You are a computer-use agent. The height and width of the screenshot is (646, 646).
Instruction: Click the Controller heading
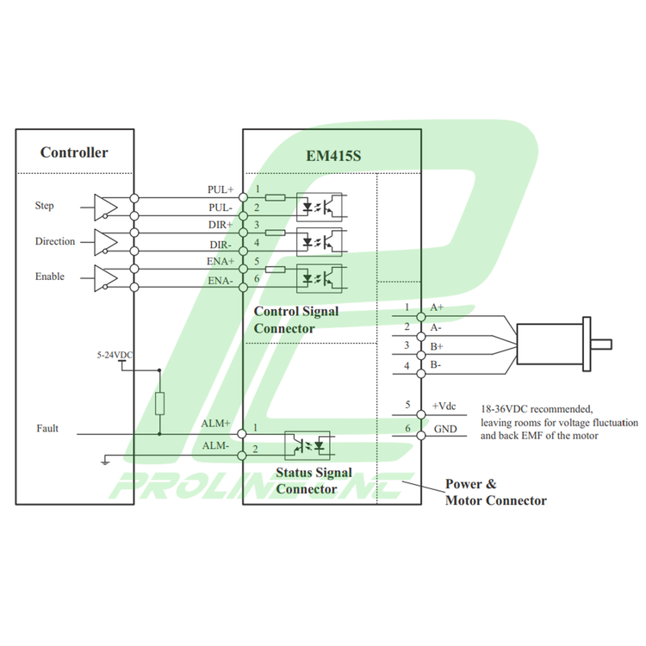(74, 152)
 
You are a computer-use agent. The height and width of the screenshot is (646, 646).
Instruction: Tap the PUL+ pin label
(221, 189)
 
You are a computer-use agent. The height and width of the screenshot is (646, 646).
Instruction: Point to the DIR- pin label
(221, 244)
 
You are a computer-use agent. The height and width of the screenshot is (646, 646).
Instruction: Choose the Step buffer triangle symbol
(105, 206)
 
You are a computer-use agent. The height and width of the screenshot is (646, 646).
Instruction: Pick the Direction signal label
(55, 242)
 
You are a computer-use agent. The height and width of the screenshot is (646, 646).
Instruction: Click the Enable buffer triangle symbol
(105, 277)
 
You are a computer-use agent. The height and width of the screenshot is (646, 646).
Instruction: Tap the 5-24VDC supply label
(115, 355)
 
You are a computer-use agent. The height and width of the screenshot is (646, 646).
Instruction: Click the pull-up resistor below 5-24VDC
(159, 403)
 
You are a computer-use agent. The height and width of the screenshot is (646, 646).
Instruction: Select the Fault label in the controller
(47, 428)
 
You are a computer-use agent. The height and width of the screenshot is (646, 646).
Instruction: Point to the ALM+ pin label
(215, 424)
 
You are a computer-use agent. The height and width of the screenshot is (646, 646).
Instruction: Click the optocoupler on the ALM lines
(309, 445)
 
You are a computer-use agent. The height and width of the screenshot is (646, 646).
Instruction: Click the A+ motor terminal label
(437, 307)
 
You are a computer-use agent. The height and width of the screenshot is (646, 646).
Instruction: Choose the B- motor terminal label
(436, 365)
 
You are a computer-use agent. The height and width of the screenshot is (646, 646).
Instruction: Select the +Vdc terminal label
(444, 406)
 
